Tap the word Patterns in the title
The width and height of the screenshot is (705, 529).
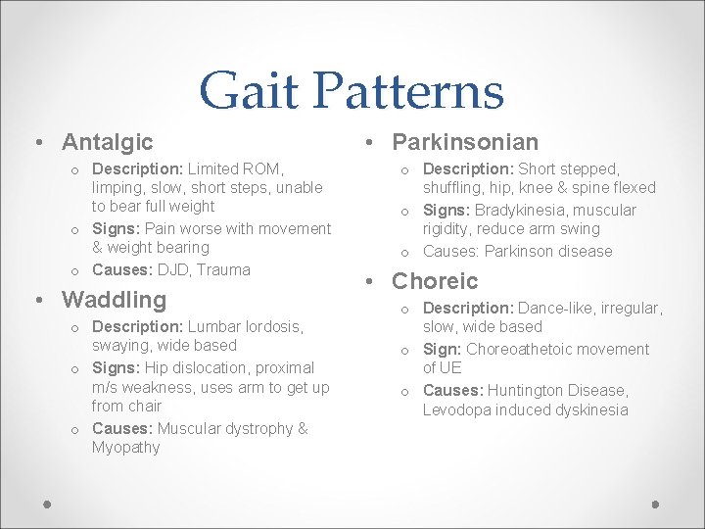[x=410, y=91]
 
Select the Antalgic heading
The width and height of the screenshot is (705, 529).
[x=108, y=142]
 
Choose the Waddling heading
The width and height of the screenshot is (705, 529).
[x=114, y=299]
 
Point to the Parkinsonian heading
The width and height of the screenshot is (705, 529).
[x=465, y=142]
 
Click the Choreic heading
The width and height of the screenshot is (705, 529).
[x=435, y=281]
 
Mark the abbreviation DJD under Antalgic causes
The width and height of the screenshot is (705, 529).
[x=174, y=269]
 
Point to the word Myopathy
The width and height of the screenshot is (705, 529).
[x=125, y=448]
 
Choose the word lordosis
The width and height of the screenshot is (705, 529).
[x=271, y=326]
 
